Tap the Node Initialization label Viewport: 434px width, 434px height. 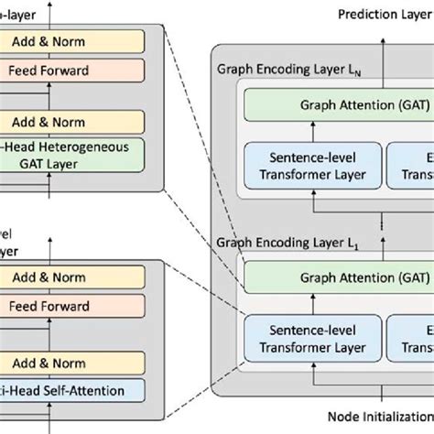coord(376,418)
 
